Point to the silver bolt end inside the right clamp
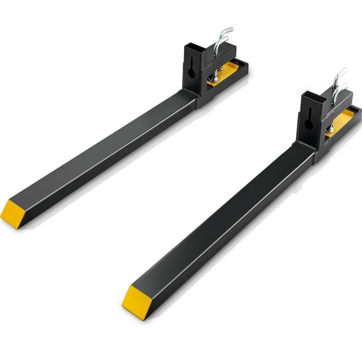[x=329, y=128]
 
